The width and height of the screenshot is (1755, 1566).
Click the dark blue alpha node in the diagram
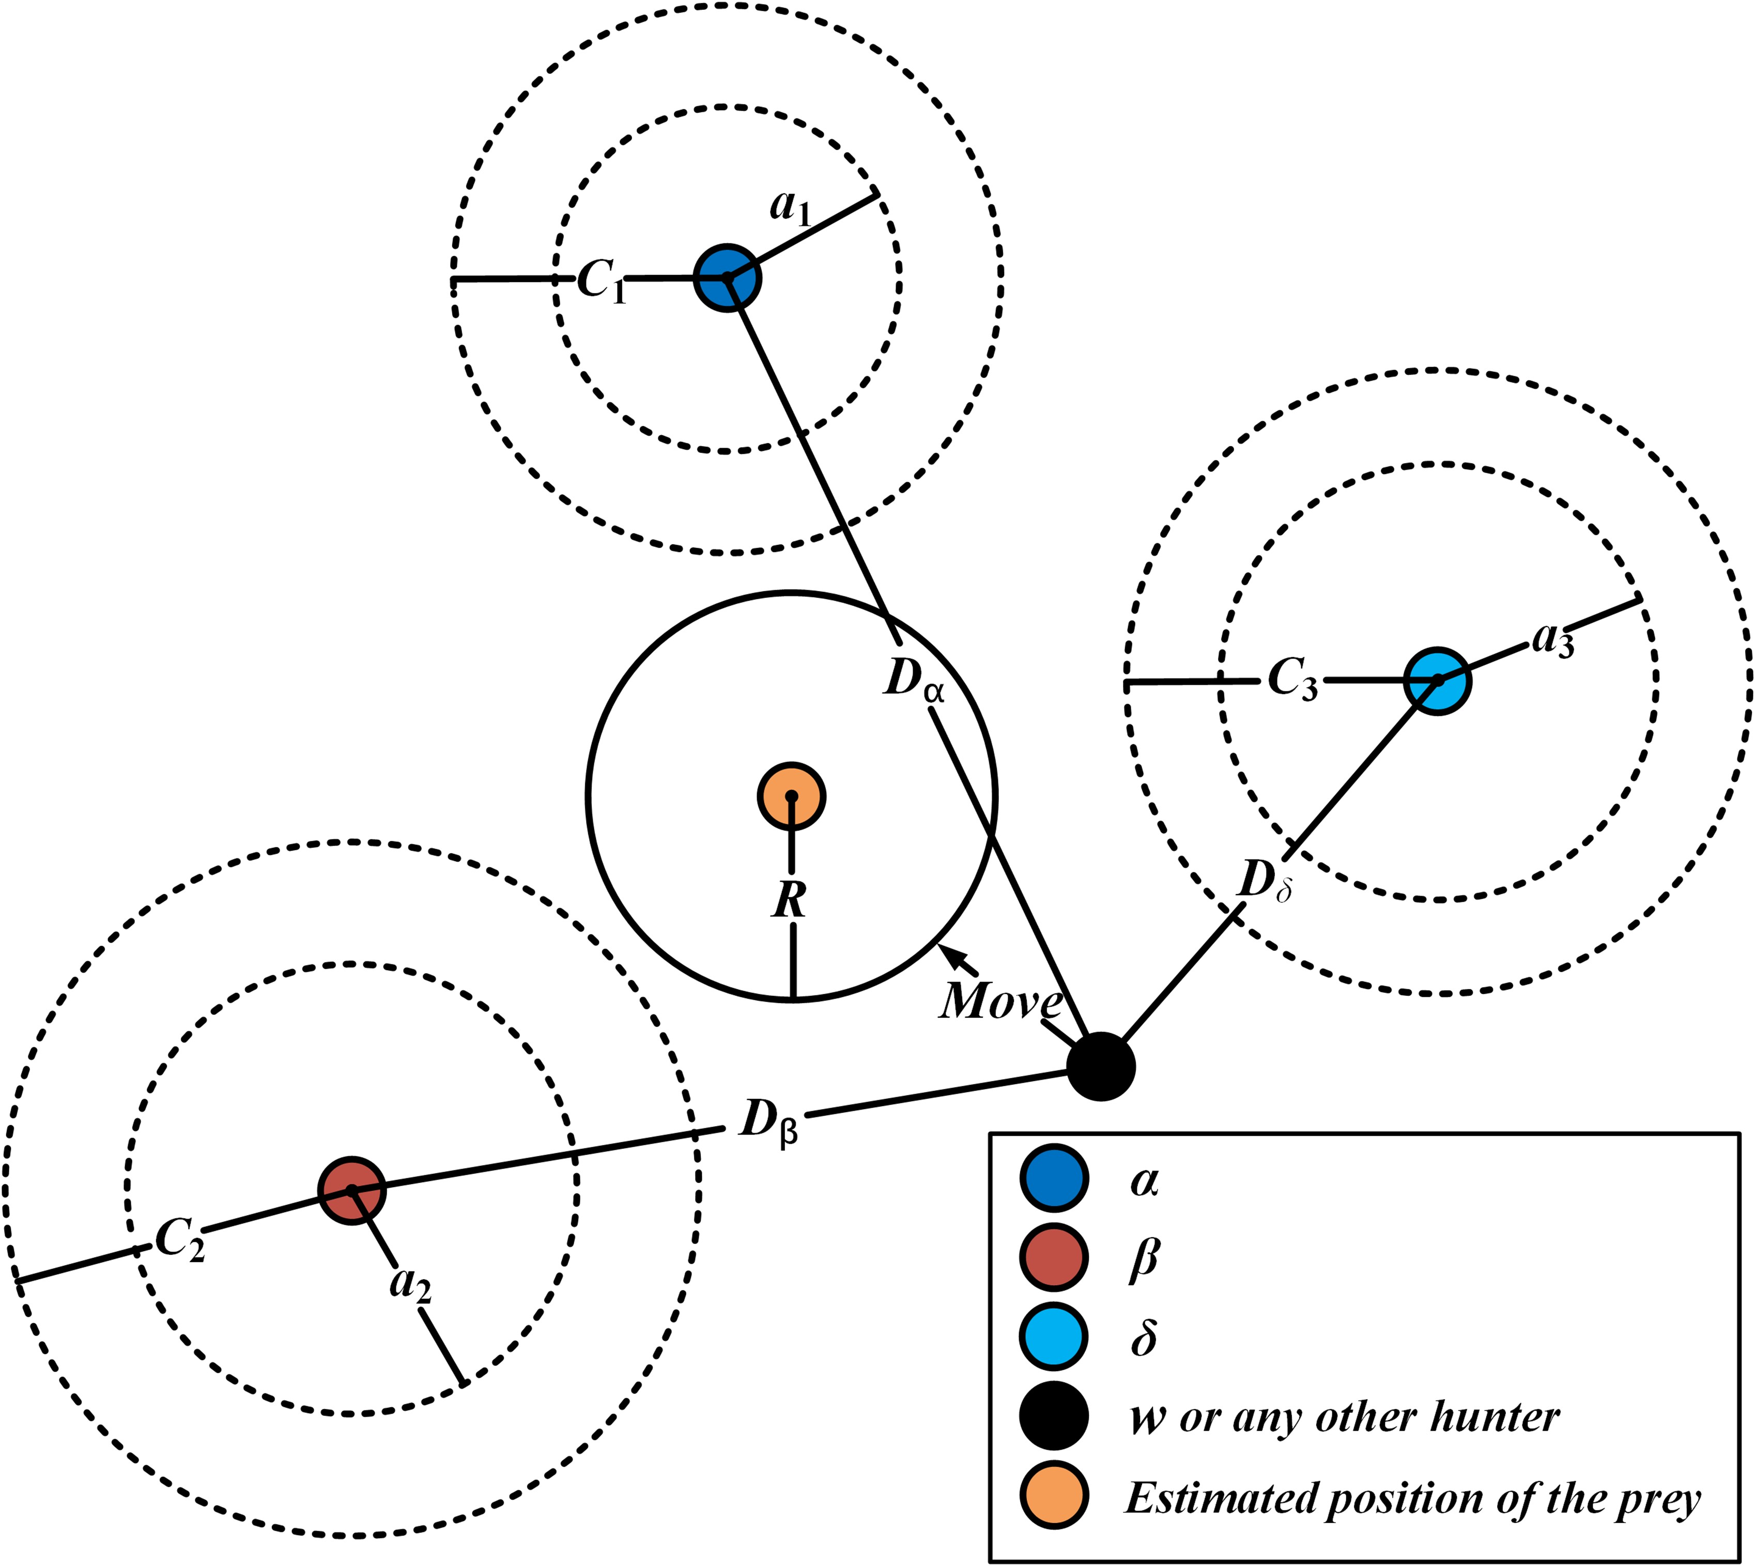point(727,277)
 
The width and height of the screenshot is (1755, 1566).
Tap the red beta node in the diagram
point(352,1190)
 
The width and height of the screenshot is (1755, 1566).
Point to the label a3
point(1553,640)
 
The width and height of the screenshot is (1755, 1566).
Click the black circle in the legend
point(1054,1417)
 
